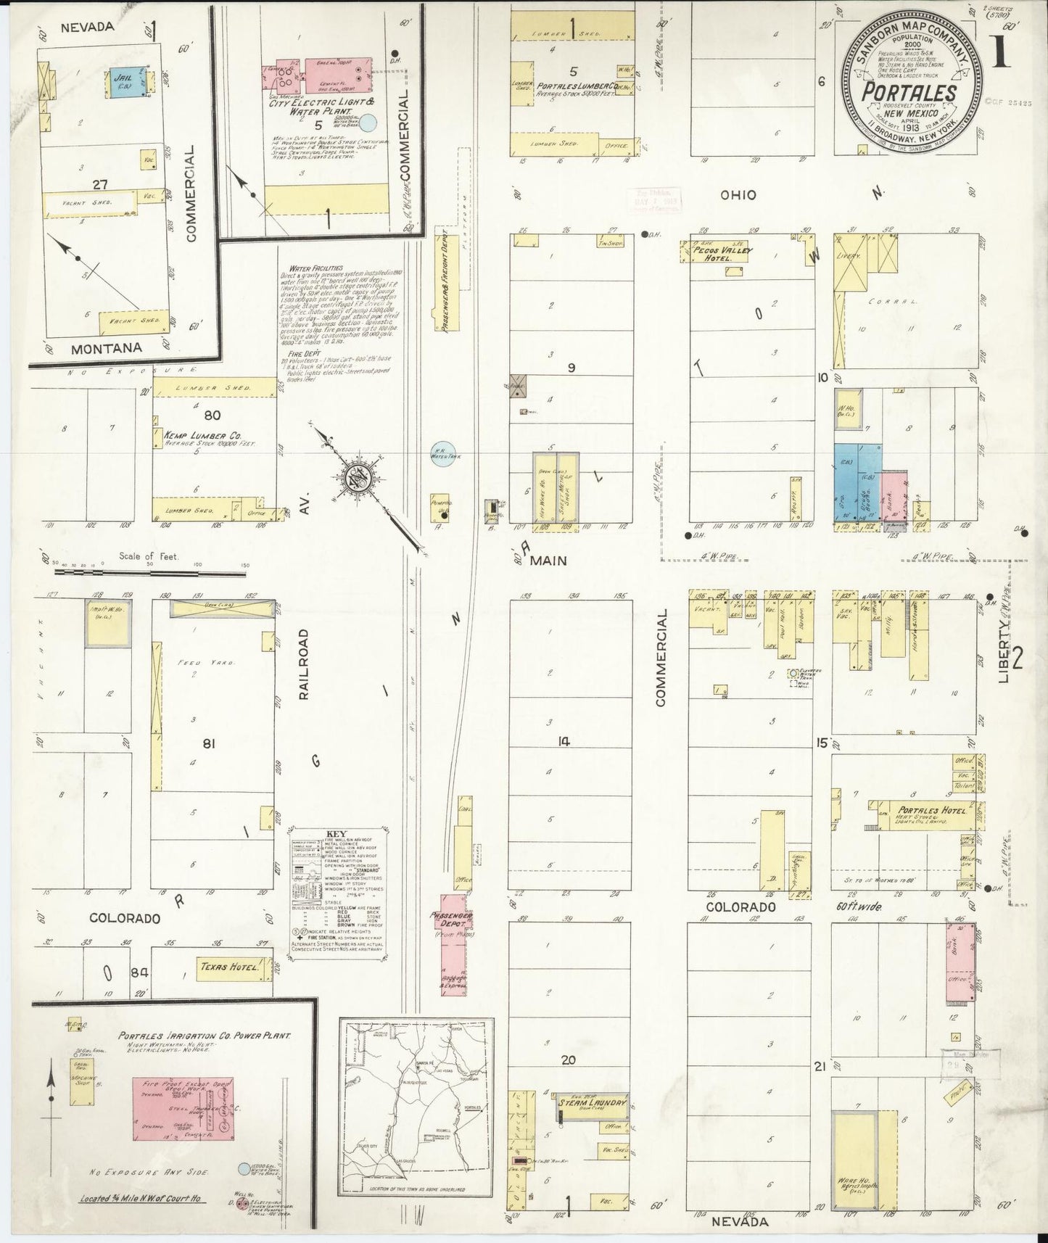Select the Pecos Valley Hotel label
click(722, 251)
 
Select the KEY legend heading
click(337, 835)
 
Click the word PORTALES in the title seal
click(908, 93)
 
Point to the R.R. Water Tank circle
click(441, 455)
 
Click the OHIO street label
click(738, 195)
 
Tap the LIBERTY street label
click(1004, 653)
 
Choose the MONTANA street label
click(106, 348)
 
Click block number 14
click(564, 741)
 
